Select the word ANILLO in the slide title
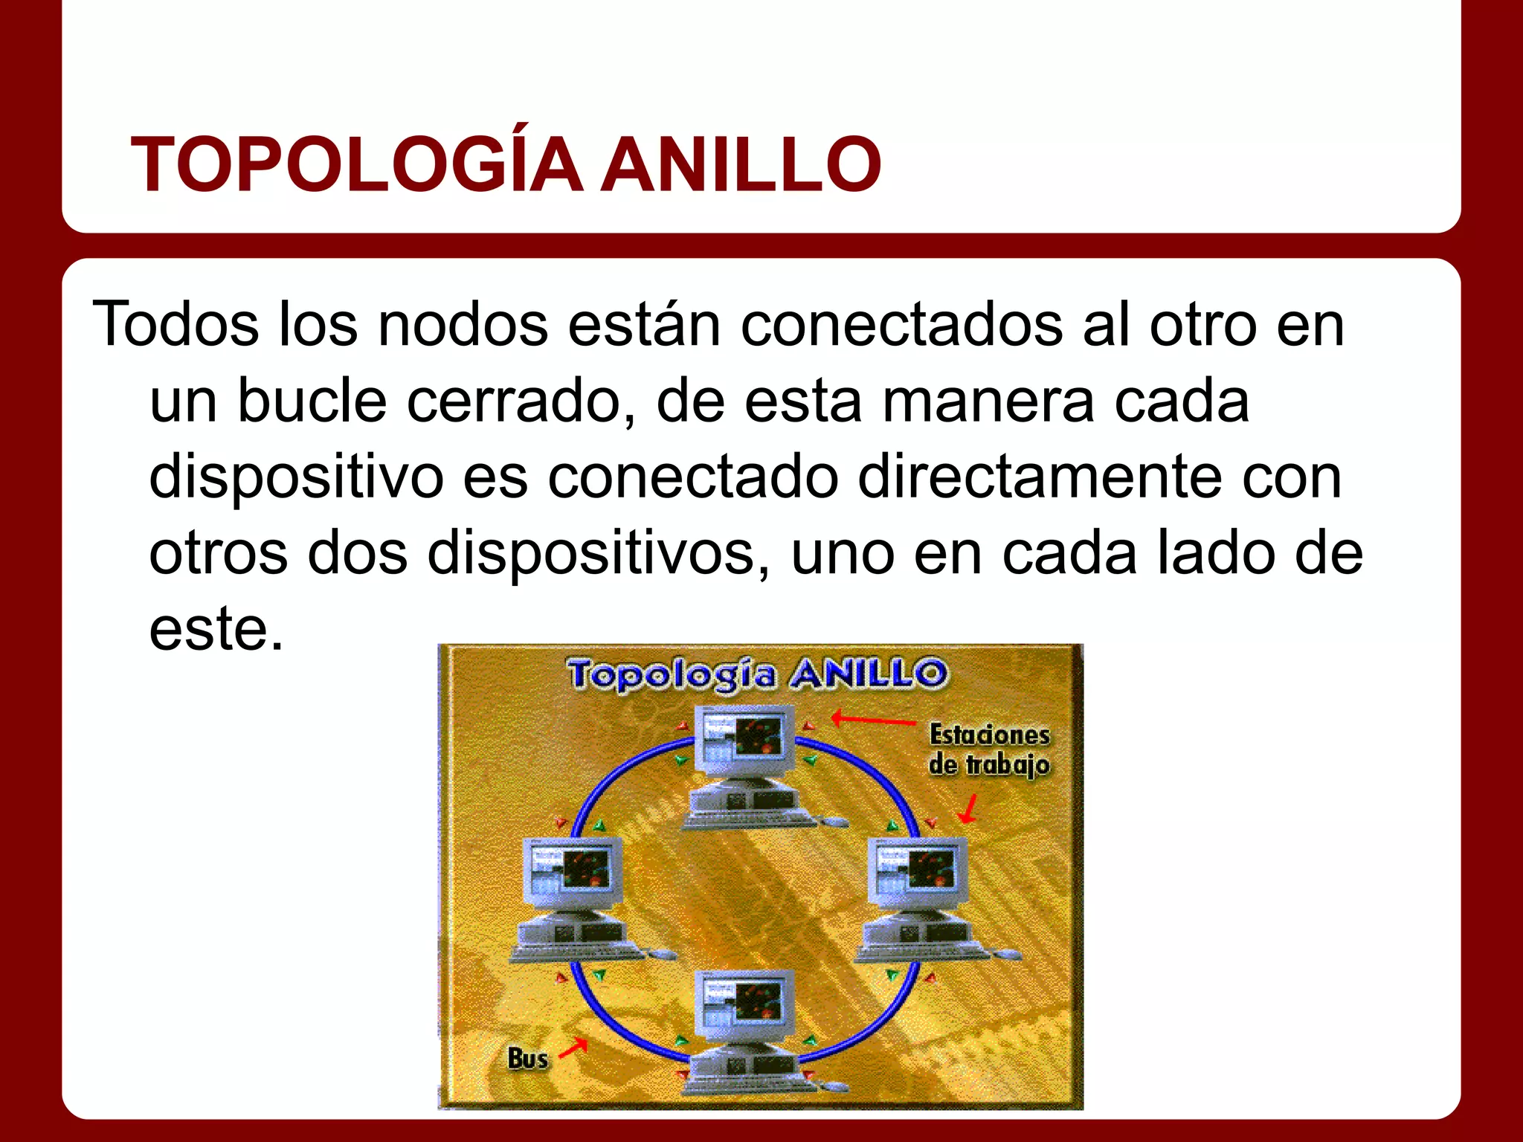[x=741, y=165]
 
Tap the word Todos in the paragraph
[x=176, y=324]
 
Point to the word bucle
[x=312, y=401]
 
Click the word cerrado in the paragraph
[x=521, y=401]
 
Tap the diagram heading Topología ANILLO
[x=758, y=674]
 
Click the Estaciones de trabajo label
[x=989, y=749]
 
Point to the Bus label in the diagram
[x=527, y=1057]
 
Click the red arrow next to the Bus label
[x=573, y=1048]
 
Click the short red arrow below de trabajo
[x=968, y=809]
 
